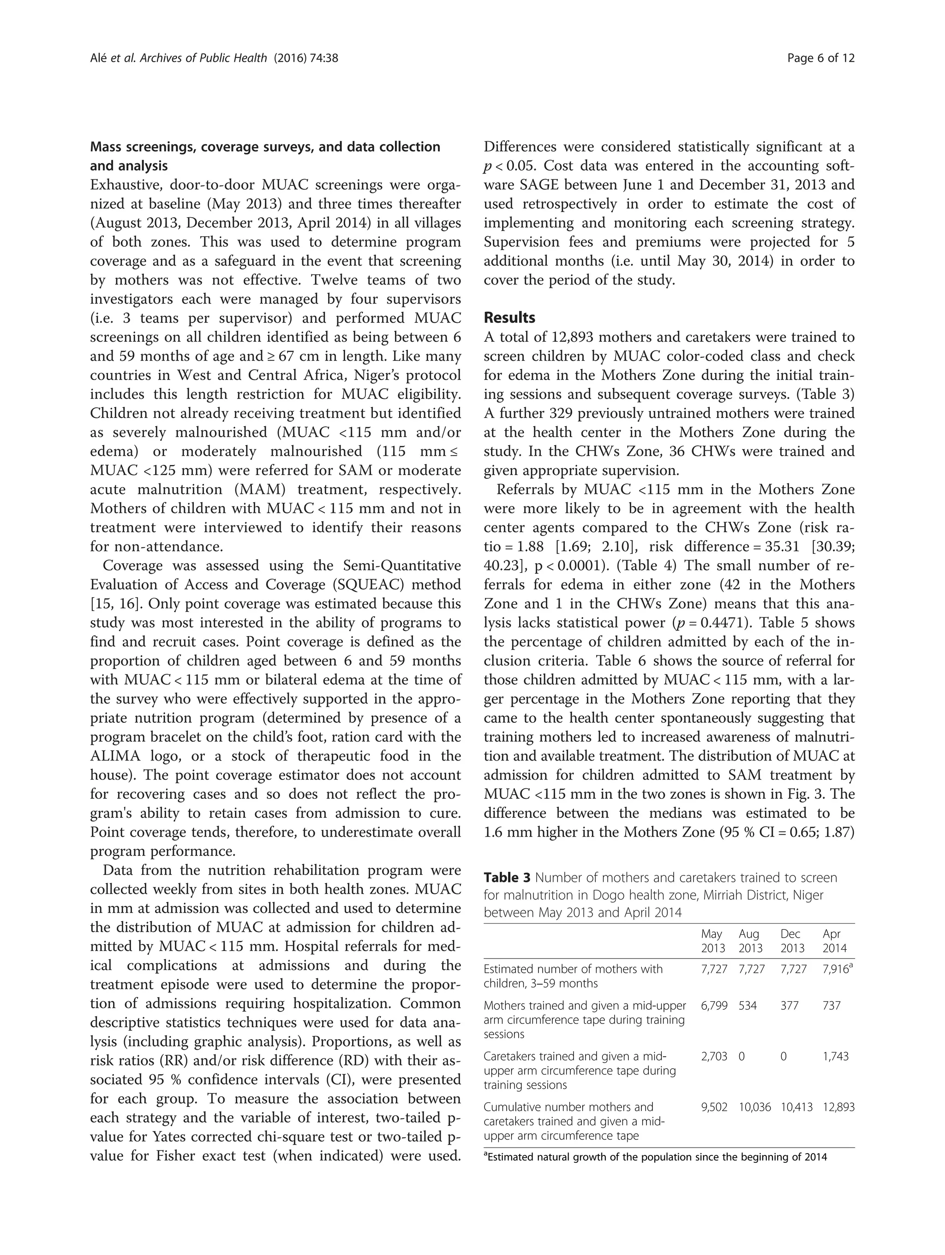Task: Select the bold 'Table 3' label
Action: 507,878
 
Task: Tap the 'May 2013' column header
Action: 712,941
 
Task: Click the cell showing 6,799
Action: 714,1005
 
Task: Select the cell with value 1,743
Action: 836,1056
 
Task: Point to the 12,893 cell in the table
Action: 838,1107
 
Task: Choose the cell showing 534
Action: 748,1005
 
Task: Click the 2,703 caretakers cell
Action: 714,1056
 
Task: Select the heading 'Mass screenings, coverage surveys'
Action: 265,147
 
